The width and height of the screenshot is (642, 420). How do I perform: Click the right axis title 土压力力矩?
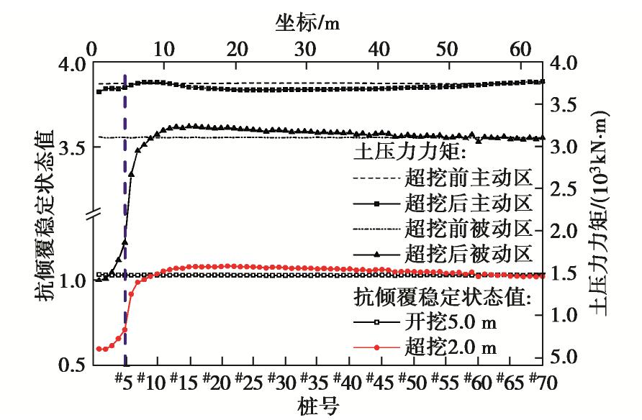click(599, 214)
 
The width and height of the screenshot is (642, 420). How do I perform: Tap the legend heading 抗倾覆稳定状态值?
click(442, 296)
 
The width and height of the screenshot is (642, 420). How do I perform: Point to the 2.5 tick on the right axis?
click(564, 188)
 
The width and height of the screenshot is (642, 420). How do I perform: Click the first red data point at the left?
click(99, 349)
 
